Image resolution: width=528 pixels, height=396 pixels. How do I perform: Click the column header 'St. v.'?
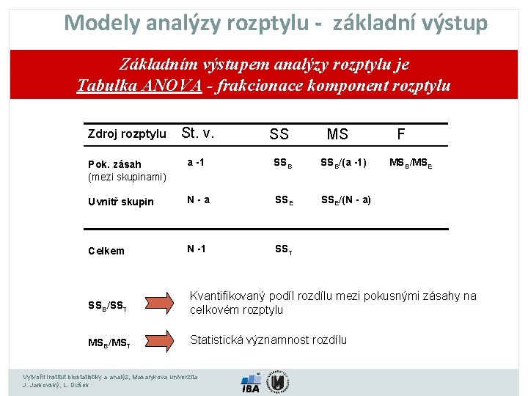197,133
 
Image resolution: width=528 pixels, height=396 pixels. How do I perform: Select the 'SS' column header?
279,134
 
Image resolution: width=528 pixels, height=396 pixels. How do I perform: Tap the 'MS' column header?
337,134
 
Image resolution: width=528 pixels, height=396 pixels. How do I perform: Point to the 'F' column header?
400,133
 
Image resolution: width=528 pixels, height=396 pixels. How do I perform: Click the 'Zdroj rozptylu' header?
127,134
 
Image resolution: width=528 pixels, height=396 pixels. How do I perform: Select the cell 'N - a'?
198,199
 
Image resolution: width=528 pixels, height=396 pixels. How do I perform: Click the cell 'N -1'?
196,248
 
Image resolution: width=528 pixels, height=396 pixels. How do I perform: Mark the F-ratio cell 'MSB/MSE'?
411,163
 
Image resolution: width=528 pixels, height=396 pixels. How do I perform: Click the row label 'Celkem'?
106,251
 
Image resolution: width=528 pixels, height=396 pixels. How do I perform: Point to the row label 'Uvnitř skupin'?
121,202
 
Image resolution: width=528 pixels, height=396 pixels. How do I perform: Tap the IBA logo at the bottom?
250,384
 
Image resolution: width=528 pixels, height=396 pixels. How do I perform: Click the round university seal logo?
277,381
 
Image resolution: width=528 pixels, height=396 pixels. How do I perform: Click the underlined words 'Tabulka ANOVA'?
139,85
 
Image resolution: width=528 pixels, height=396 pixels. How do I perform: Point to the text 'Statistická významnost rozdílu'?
268,340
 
